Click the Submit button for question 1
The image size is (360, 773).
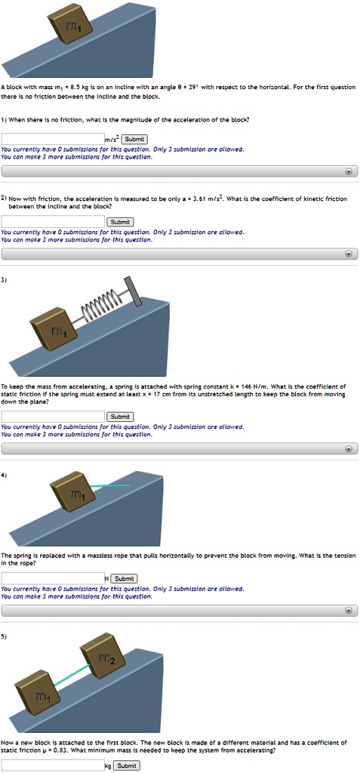coord(134,139)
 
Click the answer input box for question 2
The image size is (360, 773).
coord(53,221)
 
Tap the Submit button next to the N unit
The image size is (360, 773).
coord(125,578)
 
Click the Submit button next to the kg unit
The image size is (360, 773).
coord(126,765)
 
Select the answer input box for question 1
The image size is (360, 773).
coord(53,139)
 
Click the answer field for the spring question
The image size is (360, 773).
coord(53,416)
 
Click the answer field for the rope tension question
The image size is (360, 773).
coord(53,578)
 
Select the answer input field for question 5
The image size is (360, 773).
coord(53,765)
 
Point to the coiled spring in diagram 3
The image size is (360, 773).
coord(101,300)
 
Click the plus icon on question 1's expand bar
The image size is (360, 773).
coord(348,171)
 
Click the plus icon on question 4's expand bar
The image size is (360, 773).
coord(348,610)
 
